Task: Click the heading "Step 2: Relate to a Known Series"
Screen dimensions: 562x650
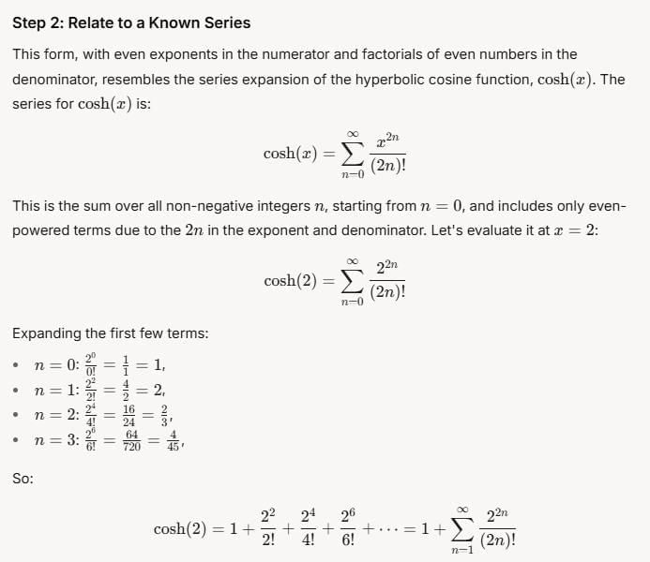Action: coord(131,22)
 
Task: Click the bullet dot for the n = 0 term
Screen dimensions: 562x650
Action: coord(17,365)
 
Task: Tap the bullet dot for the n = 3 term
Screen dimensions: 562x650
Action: coord(17,441)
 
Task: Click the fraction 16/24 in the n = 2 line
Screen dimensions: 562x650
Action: coord(128,415)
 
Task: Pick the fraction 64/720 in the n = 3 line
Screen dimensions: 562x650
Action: coord(131,441)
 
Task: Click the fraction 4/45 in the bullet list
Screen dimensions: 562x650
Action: coord(173,441)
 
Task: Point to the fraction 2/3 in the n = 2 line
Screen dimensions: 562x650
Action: coord(165,415)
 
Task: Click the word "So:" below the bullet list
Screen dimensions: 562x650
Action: coord(23,478)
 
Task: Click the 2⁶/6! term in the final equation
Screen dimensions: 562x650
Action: coord(348,529)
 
